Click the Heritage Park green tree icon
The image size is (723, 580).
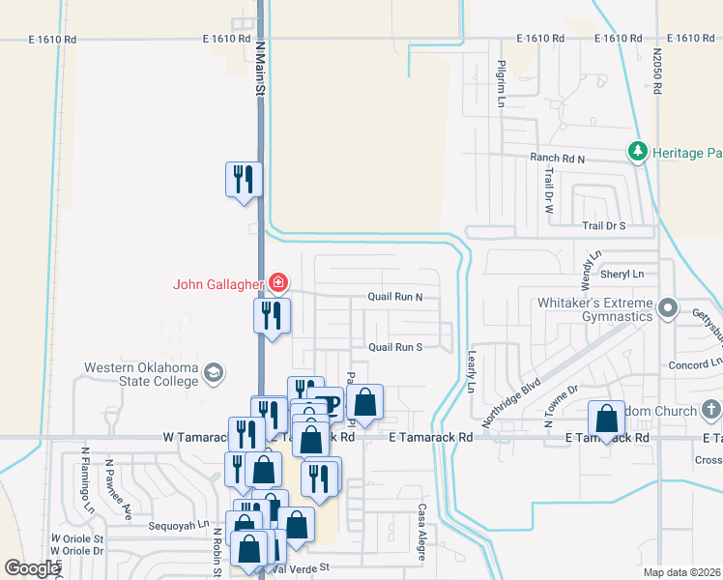tap(637, 152)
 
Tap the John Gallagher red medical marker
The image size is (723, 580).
tap(278, 283)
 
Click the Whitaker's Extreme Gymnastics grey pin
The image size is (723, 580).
tap(667, 309)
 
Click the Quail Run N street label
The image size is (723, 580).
tap(394, 298)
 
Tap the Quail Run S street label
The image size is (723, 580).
tap(394, 347)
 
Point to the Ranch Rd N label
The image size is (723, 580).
tap(558, 158)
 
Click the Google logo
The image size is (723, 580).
tap(32, 568)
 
